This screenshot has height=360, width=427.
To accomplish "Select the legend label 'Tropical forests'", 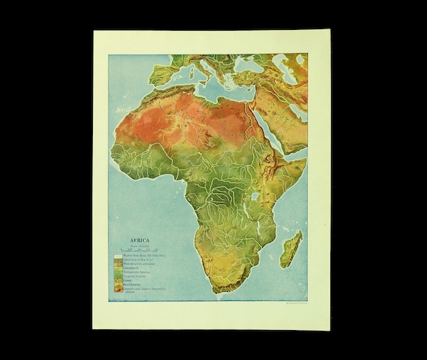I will (x=136, y=277).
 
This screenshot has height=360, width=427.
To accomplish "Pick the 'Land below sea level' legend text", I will (x=138, y=259).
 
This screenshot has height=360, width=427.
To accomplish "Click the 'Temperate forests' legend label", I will (x=137, y=272).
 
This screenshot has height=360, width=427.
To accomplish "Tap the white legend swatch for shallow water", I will (x=116, y=255).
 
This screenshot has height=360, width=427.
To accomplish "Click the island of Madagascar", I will (x=291, y=249).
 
